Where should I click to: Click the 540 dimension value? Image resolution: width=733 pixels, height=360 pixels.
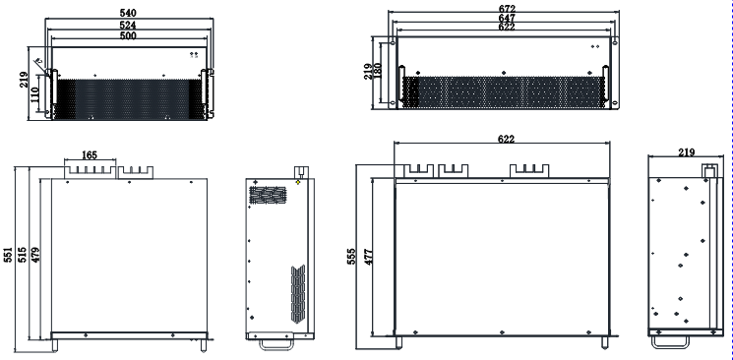click(x=128, y=13)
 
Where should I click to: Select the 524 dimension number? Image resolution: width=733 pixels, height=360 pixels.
click(x=128, y=26)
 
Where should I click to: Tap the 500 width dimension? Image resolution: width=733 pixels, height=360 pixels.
click(x=128, y=36)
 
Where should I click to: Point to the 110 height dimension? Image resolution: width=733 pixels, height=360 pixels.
click(x=35, y=95)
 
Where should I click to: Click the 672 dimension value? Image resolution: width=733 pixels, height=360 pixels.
click(x=507, y=9)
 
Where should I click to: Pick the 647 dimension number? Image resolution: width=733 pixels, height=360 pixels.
click(x=507, y=19)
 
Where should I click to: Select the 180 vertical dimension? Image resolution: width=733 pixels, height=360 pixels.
click(x=378, y=71)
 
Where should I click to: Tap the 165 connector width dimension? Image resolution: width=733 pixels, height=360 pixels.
click(x=90, y=154)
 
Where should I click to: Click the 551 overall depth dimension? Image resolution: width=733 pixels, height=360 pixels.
click(x=9, y=255)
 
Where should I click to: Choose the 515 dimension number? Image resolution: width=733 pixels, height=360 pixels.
click(x=23, y=255)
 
